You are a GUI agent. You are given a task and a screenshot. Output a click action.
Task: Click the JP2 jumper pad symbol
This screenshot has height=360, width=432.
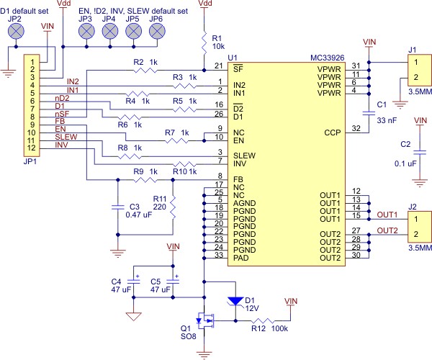pyautogui.click(x=16, y=31)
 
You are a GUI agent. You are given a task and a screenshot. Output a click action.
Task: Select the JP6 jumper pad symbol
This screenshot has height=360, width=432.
pyautogui.click(x=157, y=31)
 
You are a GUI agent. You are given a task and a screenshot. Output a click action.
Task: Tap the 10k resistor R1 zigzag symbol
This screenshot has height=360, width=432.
pyautogui.click(x=204, y=43)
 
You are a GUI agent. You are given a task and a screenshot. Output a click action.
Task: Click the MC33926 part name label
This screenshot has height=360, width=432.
pyautogui.click(x=328, y=58)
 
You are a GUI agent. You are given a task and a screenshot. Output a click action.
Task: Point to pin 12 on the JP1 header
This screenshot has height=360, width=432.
pyautogui.click(x=32, y=148)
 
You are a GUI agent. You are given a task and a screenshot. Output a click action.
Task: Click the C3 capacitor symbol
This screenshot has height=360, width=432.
pyautogui.click(x=118, y=207)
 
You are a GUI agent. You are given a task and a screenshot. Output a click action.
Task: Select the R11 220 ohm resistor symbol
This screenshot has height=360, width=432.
pyautogui.click(x=173, y=207)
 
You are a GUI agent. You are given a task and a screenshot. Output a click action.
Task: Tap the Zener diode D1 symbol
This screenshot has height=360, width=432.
pyautogui.click(x=235, y=302)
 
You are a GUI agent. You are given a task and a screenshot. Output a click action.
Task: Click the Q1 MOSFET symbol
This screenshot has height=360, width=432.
pyautogui.click(x=205, y=320)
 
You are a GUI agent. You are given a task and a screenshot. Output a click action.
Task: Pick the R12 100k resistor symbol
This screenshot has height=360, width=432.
pyautogui.click(x=262, y=320)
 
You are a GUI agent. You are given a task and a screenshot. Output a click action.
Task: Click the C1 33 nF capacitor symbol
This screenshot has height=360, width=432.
pyautogui.click(x=369, y=113)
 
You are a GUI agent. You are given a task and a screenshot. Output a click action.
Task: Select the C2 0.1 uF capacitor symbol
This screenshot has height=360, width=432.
pyautogui.click(x=420, y=153)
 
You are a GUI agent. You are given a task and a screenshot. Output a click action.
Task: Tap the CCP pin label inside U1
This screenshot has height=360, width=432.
pyautogui.click(x=332, y=132)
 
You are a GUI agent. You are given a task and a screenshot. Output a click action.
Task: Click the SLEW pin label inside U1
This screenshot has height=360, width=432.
pyautogui.click(x=244, y=156)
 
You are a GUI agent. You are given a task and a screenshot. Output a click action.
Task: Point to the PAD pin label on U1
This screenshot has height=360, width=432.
pyautogui.click(x=240, y=258)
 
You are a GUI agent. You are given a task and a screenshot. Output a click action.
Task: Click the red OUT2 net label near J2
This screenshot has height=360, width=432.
pyautogui.click(x=387, y=230)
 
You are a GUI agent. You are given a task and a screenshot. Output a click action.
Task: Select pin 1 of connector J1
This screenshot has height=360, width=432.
pyautogui.click(x=416, y=62)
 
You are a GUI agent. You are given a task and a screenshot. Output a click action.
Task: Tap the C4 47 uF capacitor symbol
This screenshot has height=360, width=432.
pyautogui.click(x=134, y=282)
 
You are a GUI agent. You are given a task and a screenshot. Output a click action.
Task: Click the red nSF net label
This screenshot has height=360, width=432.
pyautogui.click(x=62, y=114)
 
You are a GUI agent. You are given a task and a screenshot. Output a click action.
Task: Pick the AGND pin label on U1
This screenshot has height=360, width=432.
pyautogui.click(x=244, y=203)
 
